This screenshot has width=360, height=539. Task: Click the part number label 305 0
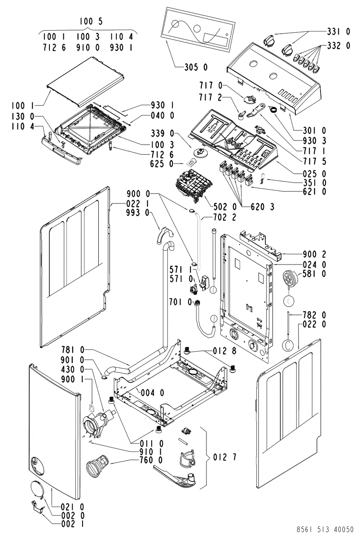click(196, 68)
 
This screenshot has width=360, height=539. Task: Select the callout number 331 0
click(338, 32)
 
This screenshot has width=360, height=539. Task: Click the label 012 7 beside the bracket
click(223, 458)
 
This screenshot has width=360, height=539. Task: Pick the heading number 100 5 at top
click(88, 22)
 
